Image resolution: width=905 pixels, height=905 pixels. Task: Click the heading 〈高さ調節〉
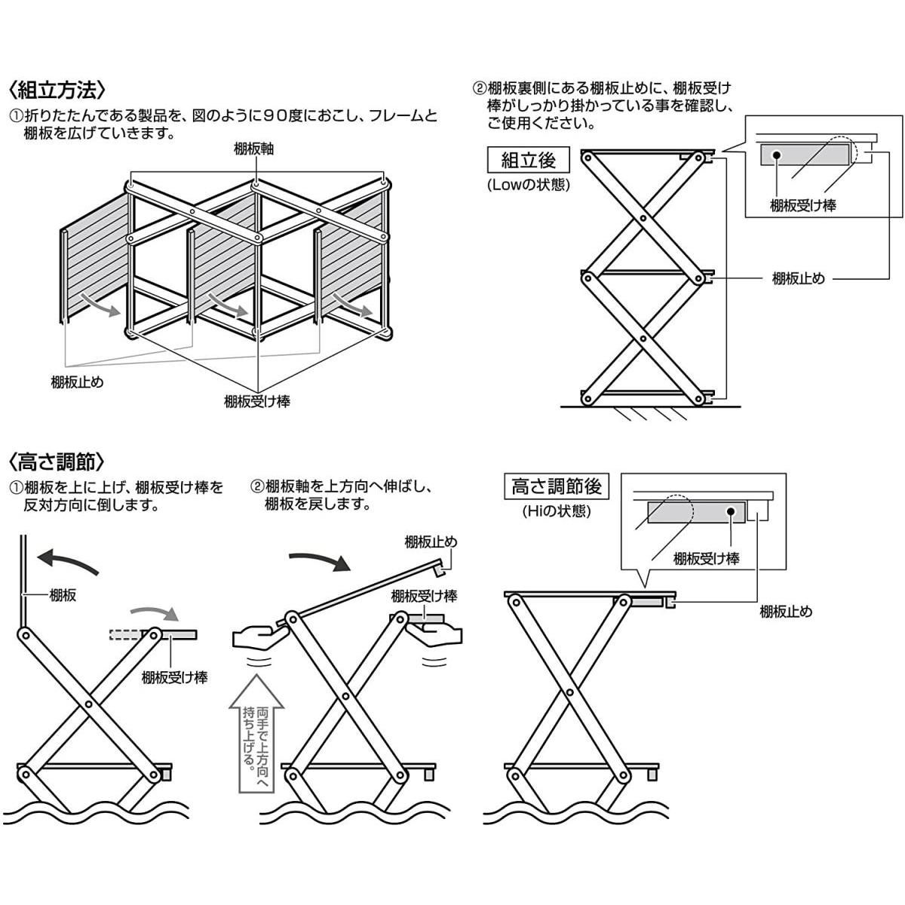pos(58,461)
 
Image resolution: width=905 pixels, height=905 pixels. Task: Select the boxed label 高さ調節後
pos(556,486)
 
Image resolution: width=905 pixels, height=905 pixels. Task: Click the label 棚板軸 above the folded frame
pos(254,149)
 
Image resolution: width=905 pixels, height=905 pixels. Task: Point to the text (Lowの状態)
pos(528,186)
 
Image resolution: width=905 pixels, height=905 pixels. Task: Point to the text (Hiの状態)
pos(556,511)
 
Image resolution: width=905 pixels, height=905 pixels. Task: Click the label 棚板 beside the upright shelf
pos(62,596)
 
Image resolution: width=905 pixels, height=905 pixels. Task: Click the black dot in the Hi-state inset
pos(731,511)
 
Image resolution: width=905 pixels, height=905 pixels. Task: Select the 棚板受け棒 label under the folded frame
pos(257,402)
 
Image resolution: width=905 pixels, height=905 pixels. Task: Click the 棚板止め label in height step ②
pos(431,541)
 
